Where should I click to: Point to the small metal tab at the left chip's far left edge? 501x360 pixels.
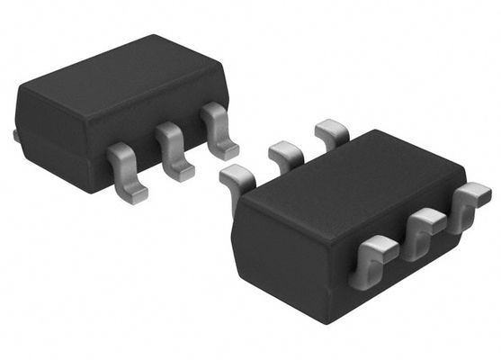(15, 136)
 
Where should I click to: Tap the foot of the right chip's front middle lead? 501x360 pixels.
(416, 249)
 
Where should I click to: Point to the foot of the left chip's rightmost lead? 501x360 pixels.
(228, 149)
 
